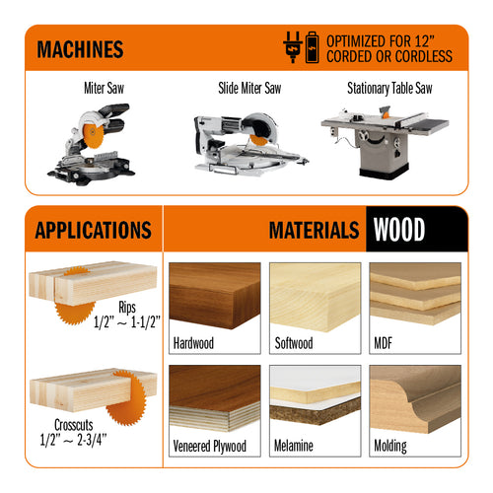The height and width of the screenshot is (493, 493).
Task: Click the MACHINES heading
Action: coord(80,49)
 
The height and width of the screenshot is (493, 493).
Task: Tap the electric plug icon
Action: coord(293,47)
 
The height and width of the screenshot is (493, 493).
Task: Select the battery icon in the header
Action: coord(313,47)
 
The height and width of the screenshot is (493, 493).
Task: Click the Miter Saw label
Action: coord(104,88)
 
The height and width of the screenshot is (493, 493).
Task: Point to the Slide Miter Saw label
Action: coord(249,88)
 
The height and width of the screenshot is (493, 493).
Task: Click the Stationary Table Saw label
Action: coord(389,88)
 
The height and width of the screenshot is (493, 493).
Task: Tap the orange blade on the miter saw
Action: coord(93,131)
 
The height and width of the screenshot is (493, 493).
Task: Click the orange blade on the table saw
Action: coord(385,113)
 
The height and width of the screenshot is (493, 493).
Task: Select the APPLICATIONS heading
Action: coord(94,230)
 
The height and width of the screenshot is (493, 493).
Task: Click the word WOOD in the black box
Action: coord(399,230)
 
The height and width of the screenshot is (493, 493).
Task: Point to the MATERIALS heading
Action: coord(314,230)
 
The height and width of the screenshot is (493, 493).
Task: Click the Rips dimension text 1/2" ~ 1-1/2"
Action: coord(127,322)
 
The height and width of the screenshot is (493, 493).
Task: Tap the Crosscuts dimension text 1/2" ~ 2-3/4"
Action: coord(73,440)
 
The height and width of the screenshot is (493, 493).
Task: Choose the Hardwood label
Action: coord(193,343)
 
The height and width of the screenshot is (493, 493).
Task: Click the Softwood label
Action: coord(294,343)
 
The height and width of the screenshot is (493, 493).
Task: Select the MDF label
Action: coord(384,343)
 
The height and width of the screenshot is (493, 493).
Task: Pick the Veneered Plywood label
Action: coord(210,446)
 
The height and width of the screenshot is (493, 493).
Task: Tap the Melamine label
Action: coord(294,446)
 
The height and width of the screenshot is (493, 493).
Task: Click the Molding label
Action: coord(390,446)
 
